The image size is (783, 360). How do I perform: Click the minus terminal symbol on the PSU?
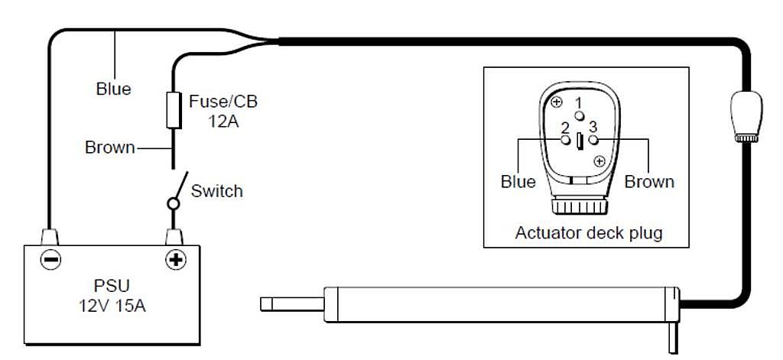click(x=50, y=260)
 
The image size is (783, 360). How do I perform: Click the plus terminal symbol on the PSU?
click(x=175, y=260)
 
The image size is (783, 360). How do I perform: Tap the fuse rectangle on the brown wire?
click(x=174, y=110)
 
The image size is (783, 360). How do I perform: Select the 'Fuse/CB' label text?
click(x=223, y=102)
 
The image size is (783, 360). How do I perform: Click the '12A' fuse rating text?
click(x=223, y=122)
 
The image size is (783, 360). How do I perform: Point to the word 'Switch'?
click(x=216, y=191)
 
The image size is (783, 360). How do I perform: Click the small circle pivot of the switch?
click(x=174, y=204)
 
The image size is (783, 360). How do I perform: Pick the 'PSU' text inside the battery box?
click(x=112, y=286)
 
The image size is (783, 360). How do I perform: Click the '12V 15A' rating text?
click(x=112, y=306)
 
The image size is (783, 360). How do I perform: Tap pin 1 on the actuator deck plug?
click(x=579, y=116)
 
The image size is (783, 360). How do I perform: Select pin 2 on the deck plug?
click(x=565, y=141)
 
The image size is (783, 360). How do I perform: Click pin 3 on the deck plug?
click(x=593, y=141)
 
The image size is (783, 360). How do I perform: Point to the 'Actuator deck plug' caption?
click(x=589, y=232)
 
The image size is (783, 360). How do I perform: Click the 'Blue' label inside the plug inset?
click(x=518, y=182)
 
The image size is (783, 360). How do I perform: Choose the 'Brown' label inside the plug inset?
click(x=649, y=182)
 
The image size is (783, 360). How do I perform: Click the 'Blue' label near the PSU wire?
click(x=114, y=89)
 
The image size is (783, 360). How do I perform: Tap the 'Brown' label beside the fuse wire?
click(x=110, y=148)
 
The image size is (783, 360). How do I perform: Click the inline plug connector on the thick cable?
click(x=746, y=116)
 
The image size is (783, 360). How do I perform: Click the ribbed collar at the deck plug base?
click(x=580, y=206)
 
